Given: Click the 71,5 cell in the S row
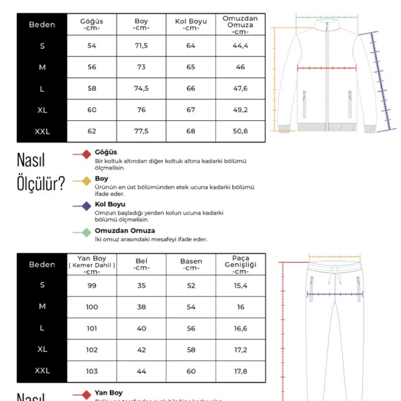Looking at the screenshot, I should coord(141,46).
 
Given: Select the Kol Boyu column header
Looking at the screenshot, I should coord(190,24).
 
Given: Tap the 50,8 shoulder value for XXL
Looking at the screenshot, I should coord(240,131).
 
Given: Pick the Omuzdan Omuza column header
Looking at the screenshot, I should coord(240,25).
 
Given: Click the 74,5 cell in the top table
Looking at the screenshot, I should coord(141,88).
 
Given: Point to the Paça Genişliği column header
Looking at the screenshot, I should coord(240,264).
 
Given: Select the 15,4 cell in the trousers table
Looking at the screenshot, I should coord(240,285).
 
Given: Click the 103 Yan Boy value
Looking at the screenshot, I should coord(92,371).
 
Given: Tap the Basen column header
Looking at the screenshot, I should coord(191,264).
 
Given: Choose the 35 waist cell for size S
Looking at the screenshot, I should coord(141,285).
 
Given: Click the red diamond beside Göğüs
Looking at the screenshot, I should coord(87,154).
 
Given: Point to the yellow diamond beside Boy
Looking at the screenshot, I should coord(87,180).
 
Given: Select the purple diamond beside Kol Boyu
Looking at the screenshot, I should coord(87,206).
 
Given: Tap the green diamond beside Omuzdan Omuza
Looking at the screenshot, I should coord(87,232).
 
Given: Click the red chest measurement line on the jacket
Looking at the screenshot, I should coord(327,68).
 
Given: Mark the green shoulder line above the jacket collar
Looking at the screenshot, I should coord(327,17).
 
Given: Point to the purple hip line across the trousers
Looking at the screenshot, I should coord(334,294).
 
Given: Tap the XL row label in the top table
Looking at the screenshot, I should coord(42,110).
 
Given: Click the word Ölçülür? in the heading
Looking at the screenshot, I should coord(41,184).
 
